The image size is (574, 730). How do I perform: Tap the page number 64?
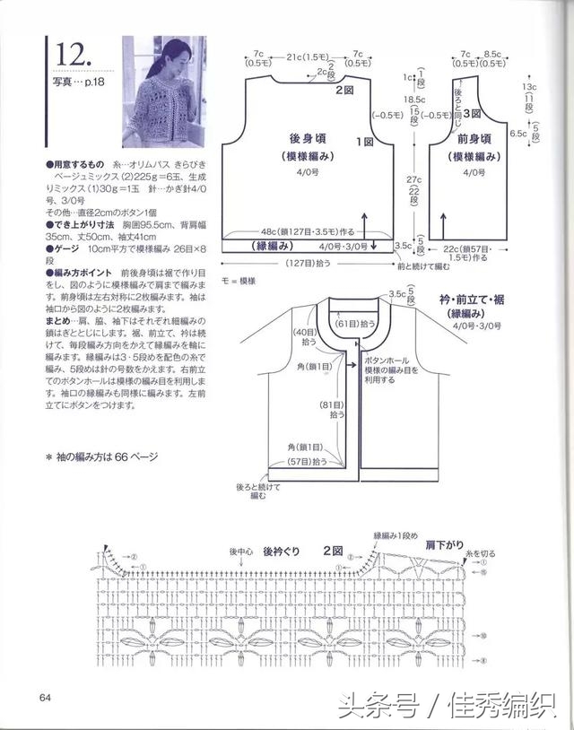click(45, 699)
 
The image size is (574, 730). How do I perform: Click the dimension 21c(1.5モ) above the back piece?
click(305, 57)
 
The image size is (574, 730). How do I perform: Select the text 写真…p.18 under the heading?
click(76, 83)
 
